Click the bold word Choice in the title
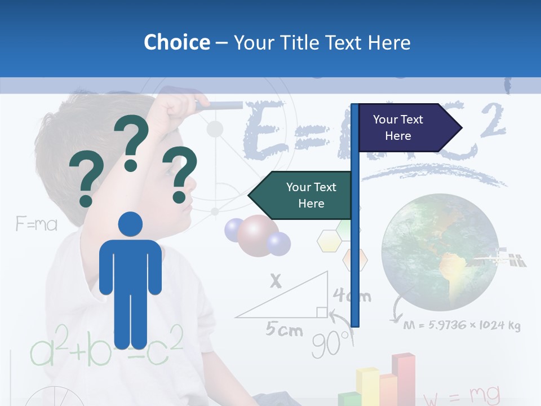point(176,42)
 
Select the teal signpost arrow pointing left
point(301,195)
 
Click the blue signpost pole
point(355,254)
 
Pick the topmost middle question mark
point(131,143)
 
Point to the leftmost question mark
point(86,181)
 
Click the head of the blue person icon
point(130,224)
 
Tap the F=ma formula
point(37,224)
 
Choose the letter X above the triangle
point(276,281)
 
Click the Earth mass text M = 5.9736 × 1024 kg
point(462,325)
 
